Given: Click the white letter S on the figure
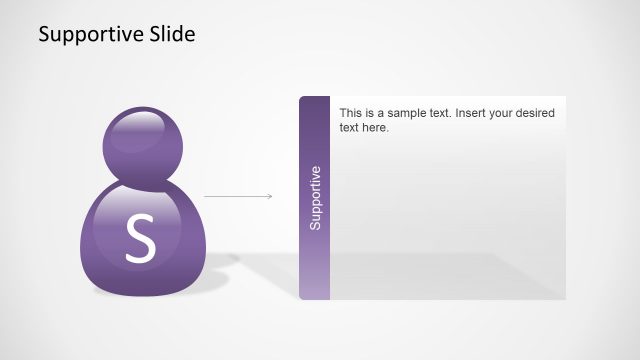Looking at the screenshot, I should point(141,240).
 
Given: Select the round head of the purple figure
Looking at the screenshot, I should point(142,146).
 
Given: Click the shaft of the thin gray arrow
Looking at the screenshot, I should point(235,196).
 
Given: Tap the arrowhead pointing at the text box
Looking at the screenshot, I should point(269,196).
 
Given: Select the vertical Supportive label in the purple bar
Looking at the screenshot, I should point(315,198).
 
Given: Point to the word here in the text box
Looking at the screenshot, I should point(374,128).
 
